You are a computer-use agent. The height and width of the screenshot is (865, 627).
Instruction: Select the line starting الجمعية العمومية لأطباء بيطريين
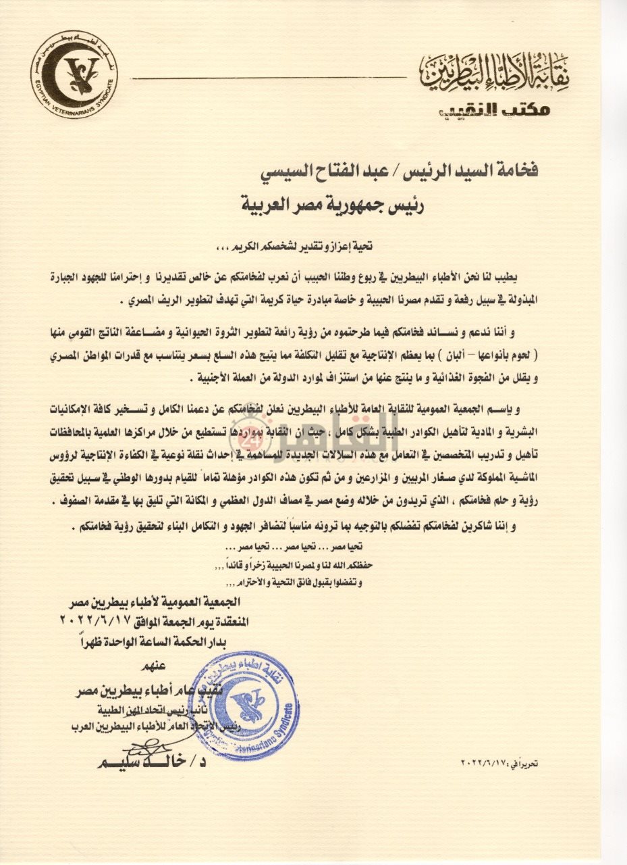(155, 603)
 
